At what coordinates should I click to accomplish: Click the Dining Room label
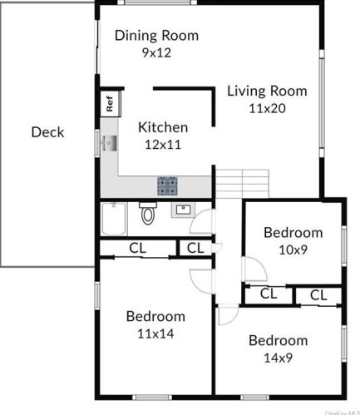point(157,35)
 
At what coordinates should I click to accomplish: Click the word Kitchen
point(163,127)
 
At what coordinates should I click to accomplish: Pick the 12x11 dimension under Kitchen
point(163,144)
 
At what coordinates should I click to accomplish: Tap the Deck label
point(47,131)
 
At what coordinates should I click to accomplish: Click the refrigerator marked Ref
point(109,104)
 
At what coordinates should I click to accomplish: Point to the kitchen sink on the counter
point(108,144)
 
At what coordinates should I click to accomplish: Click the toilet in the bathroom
point(148,214)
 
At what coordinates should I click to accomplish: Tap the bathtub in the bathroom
point(114,219)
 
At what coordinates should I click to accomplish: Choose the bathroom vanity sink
point(183,210)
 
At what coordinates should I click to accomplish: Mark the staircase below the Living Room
point(243,181)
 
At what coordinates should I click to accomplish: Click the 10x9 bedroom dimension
point(293,249)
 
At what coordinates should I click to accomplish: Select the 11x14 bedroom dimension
point(155,333)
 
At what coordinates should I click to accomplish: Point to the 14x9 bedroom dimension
point(278,358)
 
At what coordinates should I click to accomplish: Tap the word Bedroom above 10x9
point(293,232)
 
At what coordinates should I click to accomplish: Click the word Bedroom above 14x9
point(278,340)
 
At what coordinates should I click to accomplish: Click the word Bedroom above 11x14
point(155,316)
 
